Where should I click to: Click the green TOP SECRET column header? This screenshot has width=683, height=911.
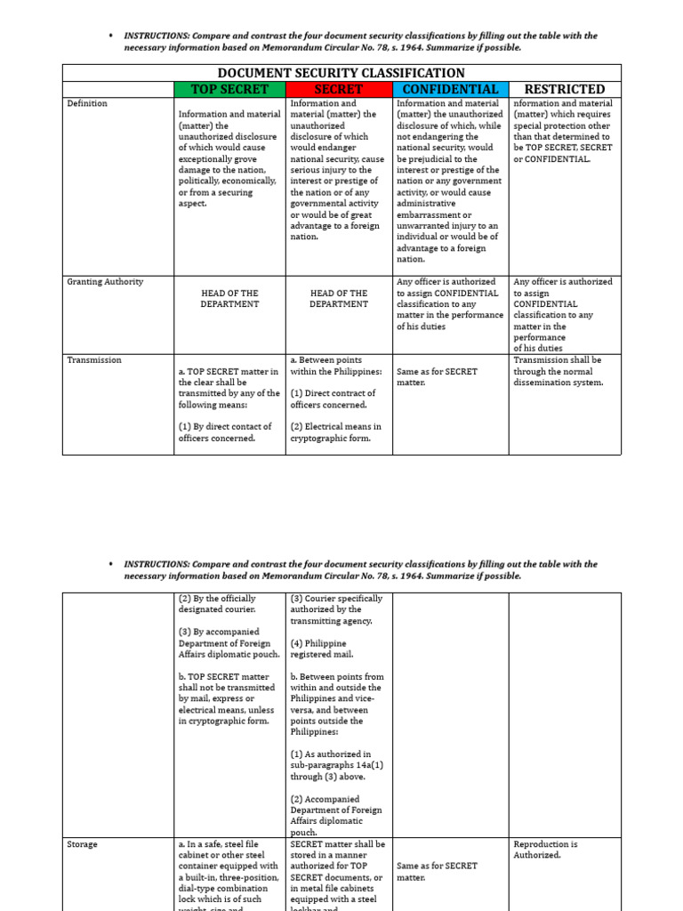(x=229, y=89)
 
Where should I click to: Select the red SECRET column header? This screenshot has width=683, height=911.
(x=339, y=89)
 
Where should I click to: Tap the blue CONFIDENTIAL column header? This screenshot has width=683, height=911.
(x=450, y=89)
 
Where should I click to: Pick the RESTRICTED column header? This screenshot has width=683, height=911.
(x=564, y=89)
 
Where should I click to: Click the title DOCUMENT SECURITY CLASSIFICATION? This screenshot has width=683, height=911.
(x=341, y=73)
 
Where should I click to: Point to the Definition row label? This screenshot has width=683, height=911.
(x=87, y=104)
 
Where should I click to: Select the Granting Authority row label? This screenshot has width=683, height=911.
(x=105, y=282)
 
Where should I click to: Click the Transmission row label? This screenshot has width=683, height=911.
(x=94, y=360)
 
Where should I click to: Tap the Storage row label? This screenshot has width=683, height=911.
(x=82, y=844)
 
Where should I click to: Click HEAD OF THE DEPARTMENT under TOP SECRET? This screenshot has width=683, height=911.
(x=229, y=298)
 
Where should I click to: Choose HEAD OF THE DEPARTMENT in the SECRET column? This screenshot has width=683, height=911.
(x=339, y=298)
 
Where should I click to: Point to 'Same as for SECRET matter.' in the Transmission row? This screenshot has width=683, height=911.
(x=437, y=376)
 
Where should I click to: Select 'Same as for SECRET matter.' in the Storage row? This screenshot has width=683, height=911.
(x=437, y=871)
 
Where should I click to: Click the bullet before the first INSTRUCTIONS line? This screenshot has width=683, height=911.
(x=109, y=36)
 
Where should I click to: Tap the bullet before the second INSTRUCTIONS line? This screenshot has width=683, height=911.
(x=109, y=564)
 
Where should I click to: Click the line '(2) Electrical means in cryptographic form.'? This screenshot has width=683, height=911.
(x=335, y=432)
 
